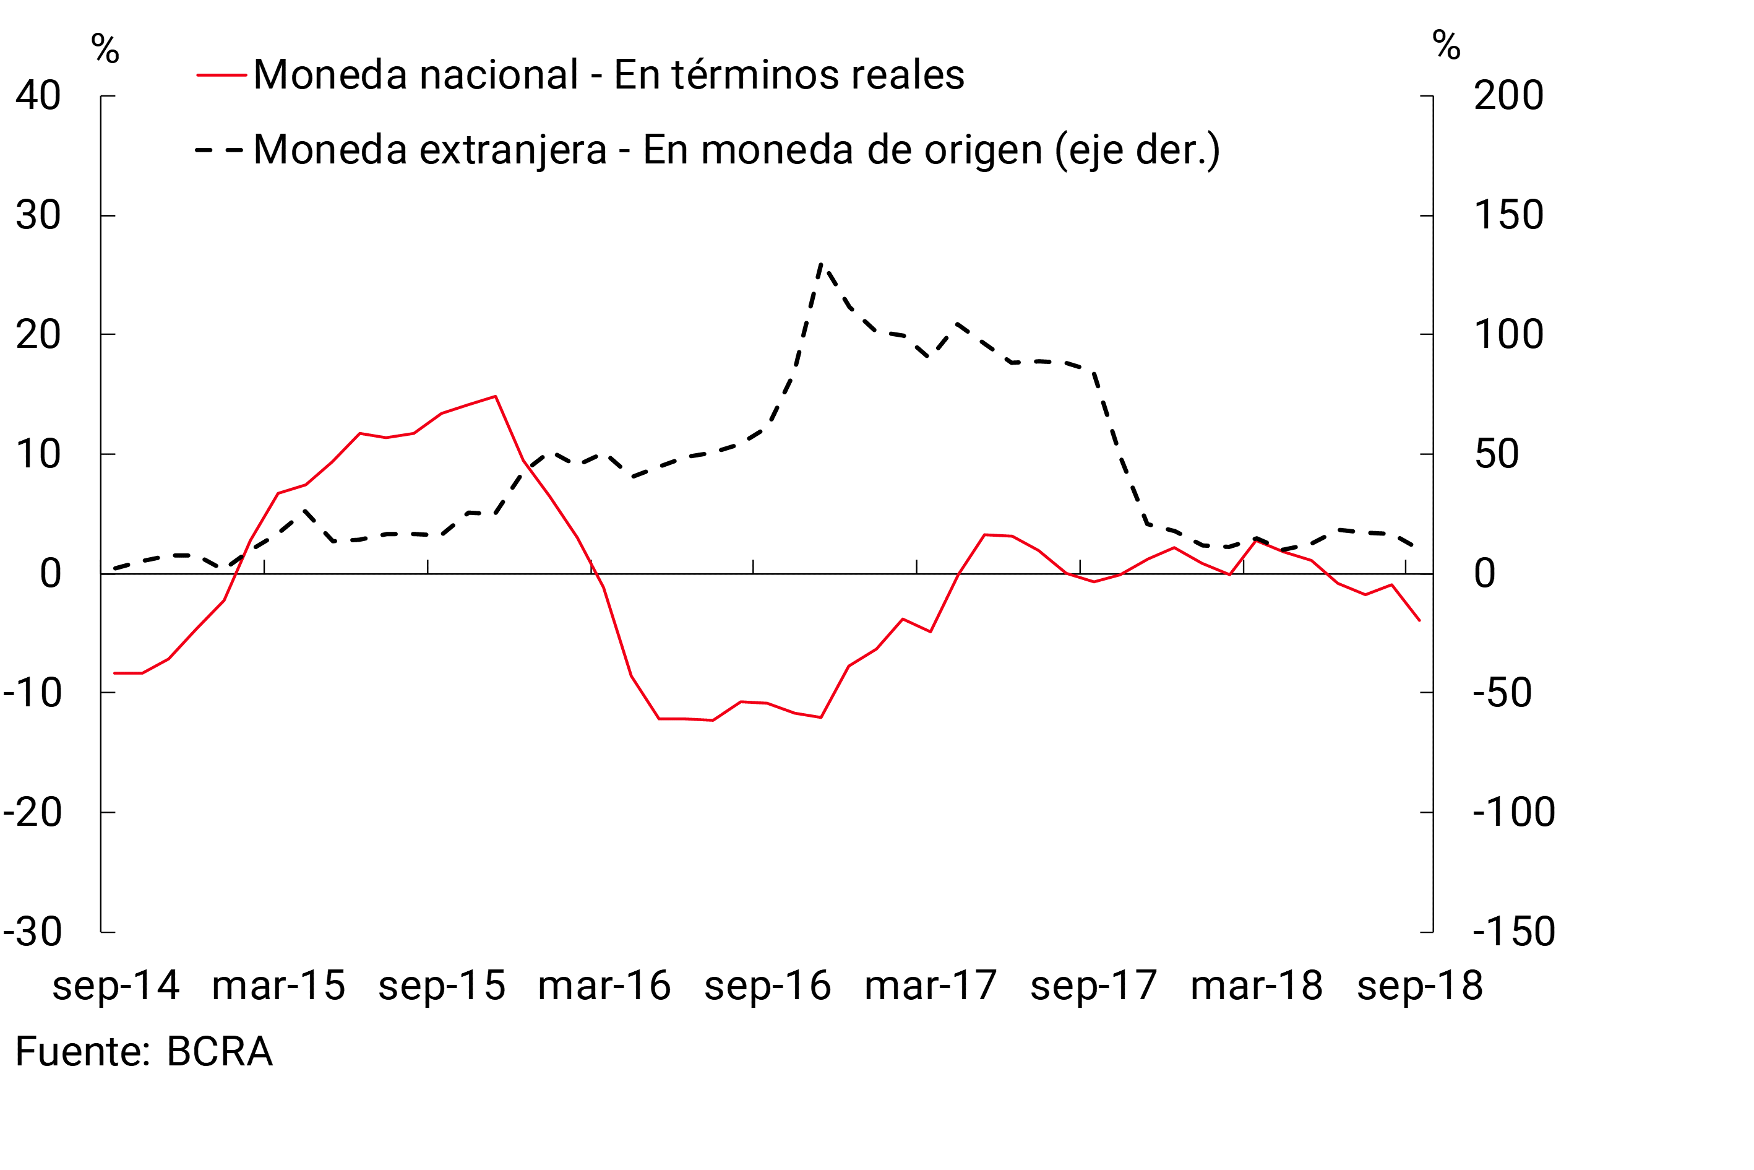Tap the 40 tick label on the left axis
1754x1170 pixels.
coord(38,95)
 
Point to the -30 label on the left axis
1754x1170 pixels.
coord(33,932)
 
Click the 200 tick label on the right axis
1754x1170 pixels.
coord(1508,95)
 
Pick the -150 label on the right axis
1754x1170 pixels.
coord(1514,932)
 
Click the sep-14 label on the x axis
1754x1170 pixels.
coord(116,986)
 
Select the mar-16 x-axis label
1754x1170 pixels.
coord(604,986)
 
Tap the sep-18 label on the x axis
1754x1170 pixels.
coord(1420,986)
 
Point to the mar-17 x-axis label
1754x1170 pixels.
coord(931,986)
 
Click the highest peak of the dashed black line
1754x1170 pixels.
coord(821,264)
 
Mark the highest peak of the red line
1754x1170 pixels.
coord(495,396)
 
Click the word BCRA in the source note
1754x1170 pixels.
coord(219,1052)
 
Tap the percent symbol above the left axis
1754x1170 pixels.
coord(105,50)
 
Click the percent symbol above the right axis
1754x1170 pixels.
coord(1446,46)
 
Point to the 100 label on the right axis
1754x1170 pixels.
coord(1508,334)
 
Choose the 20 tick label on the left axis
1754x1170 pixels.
coord(38,334)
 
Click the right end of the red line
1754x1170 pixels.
coord(1419,620)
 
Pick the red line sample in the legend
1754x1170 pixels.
coord(221,76)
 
